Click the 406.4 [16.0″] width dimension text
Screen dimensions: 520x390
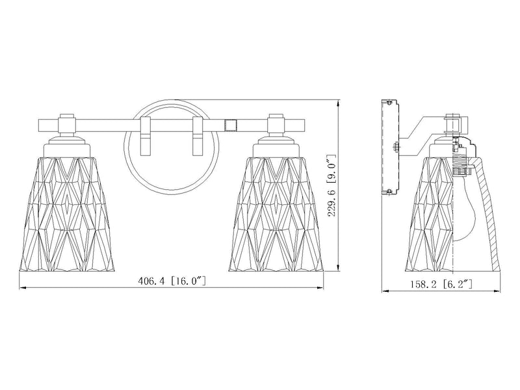pos(172,281)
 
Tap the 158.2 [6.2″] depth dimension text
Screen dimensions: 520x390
pos(441,284)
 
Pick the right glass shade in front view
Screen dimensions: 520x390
pos(276,214)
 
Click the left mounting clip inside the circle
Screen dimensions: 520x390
pos(145,136)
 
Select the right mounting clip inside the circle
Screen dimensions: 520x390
pos(198,136)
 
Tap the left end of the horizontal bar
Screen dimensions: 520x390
pos(39,125)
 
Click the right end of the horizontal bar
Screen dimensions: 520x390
pos(304,125)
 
